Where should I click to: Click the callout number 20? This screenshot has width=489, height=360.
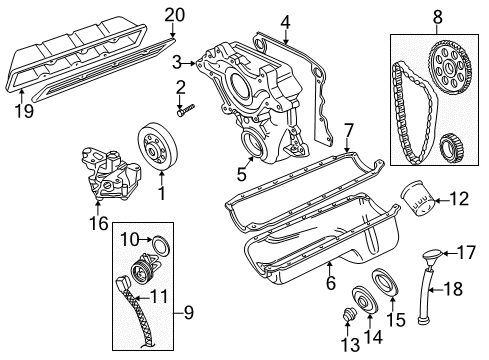point(175,14)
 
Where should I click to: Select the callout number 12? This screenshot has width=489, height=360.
point(459,199)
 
